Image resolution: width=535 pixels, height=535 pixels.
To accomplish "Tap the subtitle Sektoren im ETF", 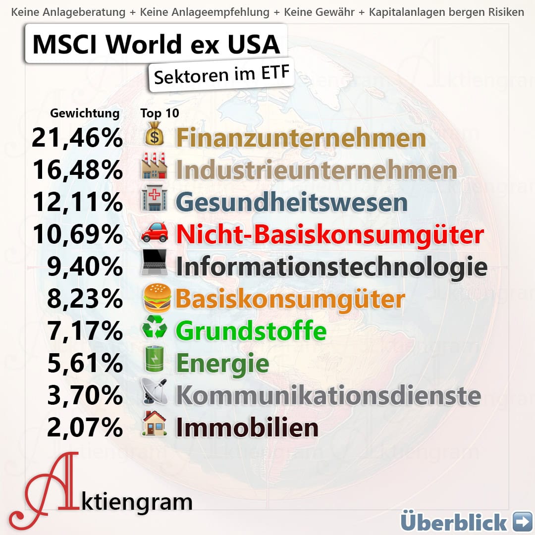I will (221, 75).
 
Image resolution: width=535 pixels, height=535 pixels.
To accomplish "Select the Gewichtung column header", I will (85, 113).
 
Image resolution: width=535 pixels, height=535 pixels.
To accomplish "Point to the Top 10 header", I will (160, 113).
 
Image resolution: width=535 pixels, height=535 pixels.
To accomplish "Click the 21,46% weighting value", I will (77, 138).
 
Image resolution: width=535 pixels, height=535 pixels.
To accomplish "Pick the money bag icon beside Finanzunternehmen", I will (154, 134).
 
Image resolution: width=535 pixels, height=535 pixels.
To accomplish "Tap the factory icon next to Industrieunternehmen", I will (154, 168).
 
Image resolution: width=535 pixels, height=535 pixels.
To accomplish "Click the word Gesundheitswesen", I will (291, 203).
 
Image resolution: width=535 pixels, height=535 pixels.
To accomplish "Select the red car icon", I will (154, 234).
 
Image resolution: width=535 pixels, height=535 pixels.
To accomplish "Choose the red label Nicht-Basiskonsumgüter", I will (329, 235).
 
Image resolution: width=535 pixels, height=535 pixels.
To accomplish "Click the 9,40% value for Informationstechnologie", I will (85, 267).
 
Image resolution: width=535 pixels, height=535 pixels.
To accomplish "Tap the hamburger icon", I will (157, 298).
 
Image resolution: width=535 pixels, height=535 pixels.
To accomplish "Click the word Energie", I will (222, 364).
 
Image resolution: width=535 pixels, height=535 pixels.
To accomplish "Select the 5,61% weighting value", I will (85, 364).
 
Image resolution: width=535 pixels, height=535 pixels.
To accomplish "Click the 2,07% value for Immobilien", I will (85, 428).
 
